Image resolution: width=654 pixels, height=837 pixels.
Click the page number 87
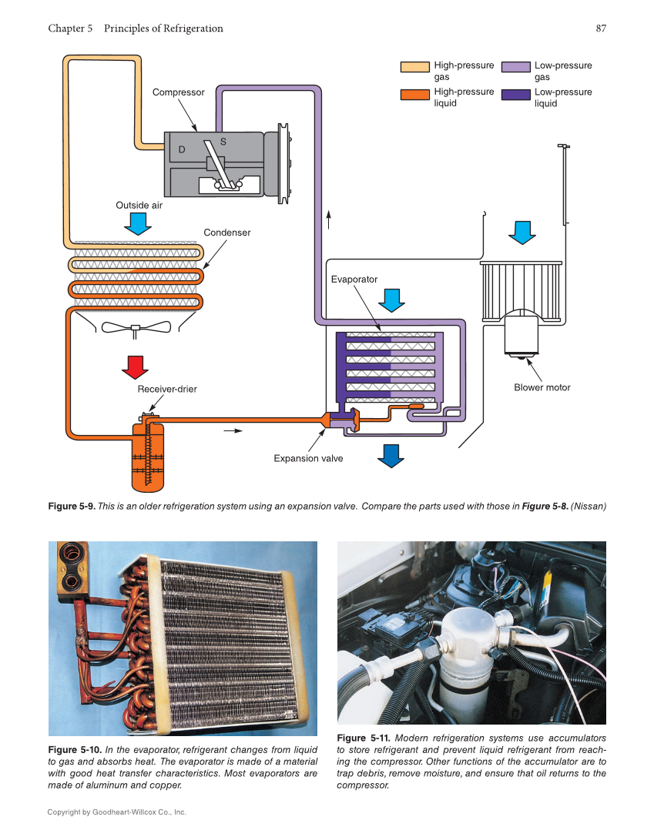tap(600, 28)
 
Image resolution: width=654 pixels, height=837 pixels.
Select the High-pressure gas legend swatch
tap(414, 68)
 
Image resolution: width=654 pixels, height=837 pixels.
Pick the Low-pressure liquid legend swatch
tap(515, 95)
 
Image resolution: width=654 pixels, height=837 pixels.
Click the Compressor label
tap(178, 92)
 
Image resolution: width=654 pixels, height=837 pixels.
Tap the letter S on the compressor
tap(223, 142)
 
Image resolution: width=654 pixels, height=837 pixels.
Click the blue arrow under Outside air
tap(139, 223)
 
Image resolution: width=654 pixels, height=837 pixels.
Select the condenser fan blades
tap(136, 327)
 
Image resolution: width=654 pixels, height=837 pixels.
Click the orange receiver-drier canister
tap(147, 458)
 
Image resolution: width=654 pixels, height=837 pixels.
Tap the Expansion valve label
tap(308, 458)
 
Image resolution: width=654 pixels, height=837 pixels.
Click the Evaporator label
tap(354, 280)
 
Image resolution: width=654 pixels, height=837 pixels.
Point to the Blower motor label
tap(542, 387)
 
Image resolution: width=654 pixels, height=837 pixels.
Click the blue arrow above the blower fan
tap(522, 232)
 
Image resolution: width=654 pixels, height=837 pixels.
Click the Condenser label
tap(226, 233)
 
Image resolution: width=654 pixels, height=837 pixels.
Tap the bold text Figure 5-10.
tap(74, 750)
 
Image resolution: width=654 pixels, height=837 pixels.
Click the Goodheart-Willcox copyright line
tap(116, 812)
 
